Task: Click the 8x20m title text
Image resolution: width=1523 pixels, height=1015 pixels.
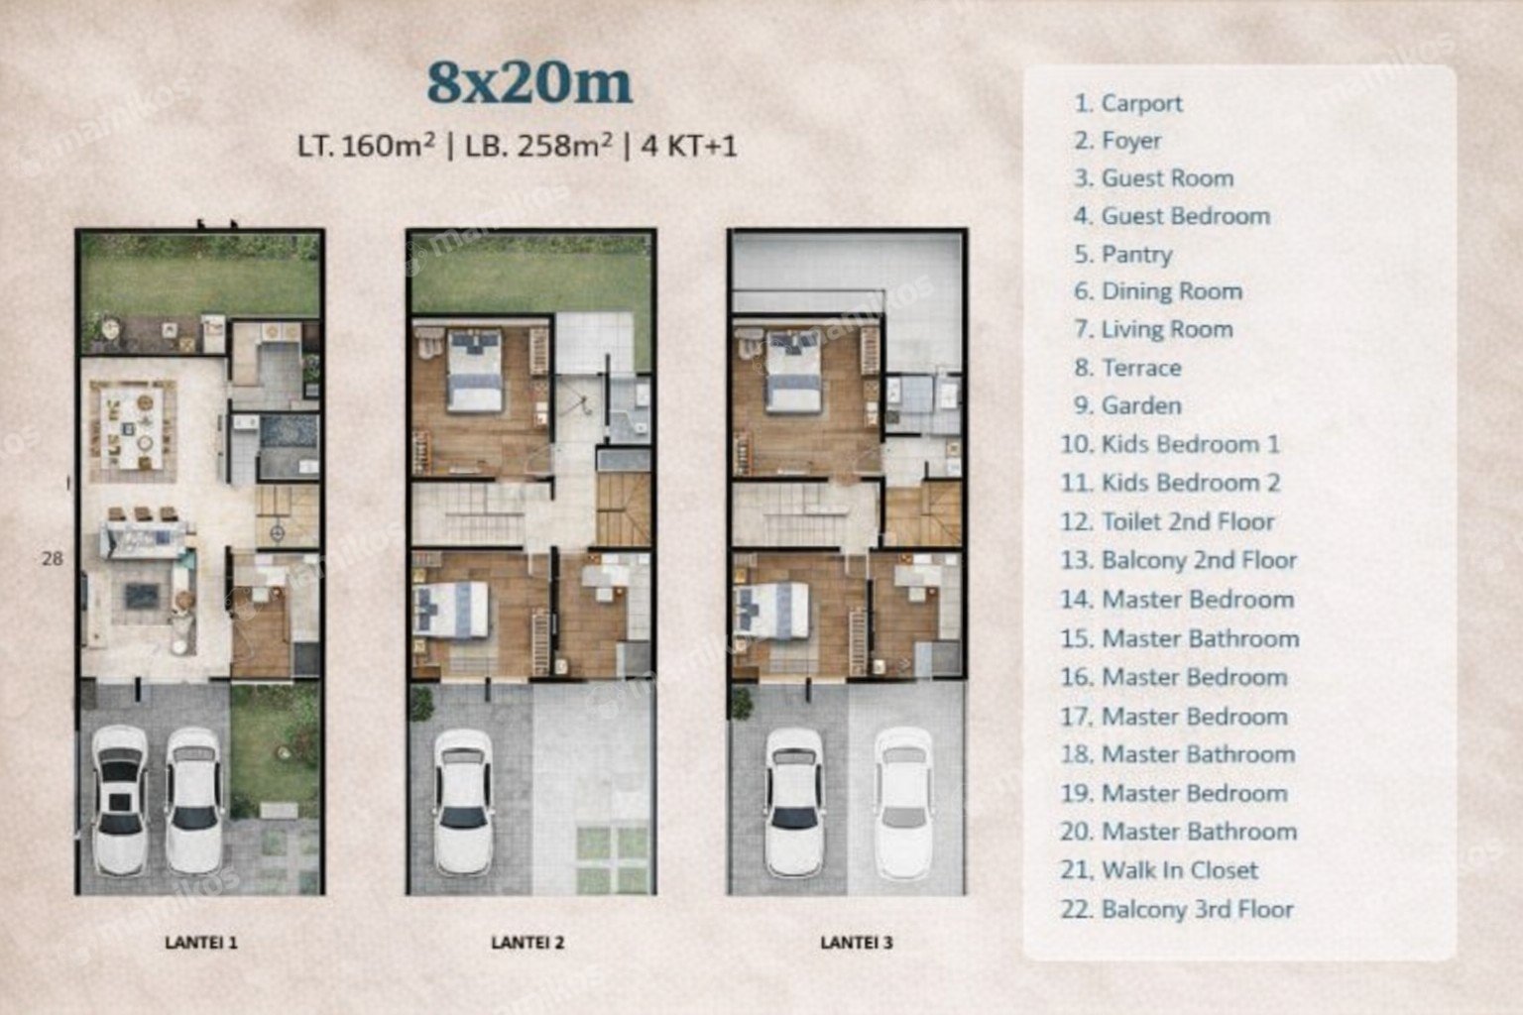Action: [x=529, y=83]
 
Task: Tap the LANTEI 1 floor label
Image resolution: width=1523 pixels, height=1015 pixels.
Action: [x=201, y=943]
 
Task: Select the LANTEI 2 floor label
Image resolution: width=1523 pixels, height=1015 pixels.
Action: [x=527, y=943]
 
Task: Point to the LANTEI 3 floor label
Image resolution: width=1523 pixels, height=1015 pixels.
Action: [x=856, y=943]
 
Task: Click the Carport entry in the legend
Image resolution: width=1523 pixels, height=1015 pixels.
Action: [x=1128, y=103]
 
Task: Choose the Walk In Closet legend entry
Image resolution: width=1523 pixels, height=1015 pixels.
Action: [x=1159, y=870]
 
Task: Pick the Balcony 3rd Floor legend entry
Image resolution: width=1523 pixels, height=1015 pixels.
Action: [x=1177, y=909]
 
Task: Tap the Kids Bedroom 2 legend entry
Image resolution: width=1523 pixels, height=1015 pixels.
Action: [x=1170, y=483]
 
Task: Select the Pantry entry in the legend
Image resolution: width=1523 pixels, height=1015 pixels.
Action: [x=1123, y=255]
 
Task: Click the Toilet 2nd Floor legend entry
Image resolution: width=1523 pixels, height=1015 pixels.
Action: [x=1167, y=521]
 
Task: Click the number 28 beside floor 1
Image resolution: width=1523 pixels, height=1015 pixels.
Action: [x=53, y=559]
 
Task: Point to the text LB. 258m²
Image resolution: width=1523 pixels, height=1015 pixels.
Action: [x=538, y=146]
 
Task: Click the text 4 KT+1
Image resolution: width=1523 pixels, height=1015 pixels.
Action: [x=689, y=146]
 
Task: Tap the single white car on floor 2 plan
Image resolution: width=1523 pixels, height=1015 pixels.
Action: [x=463, y=802]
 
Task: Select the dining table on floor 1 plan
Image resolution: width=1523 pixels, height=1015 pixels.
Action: [x=132, y=428]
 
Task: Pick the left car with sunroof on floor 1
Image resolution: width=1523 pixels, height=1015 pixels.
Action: [x=120, y=800]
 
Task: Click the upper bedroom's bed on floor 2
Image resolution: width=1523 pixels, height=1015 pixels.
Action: [x=475, y=371]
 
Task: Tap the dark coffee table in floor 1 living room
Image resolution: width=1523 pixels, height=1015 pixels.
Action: [x=142, y=596]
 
